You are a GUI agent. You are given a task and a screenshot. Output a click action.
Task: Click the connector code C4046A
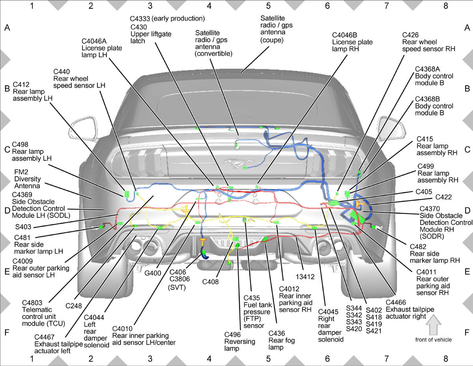[x=94, y=41]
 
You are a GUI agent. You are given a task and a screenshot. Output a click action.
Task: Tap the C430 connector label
[x=139, y=27]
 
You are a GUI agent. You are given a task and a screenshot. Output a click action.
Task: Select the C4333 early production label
[x=167, y=19]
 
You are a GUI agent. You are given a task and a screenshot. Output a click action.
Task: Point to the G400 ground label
[x=153, y=273]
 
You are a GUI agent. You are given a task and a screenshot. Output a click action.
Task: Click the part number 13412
[x=305, y=277]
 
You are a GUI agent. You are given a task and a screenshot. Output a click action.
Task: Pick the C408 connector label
[x=210, y=282]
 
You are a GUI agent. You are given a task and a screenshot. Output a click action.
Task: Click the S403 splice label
[x=23, y=227]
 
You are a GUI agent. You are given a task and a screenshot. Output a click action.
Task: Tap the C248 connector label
[x=74, y=306]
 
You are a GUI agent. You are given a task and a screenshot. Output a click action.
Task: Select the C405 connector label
[x=424, y=191]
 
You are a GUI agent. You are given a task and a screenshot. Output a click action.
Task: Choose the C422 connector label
[x=443, y=197]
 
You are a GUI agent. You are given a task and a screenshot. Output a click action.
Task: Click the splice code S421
[x=374, y=331]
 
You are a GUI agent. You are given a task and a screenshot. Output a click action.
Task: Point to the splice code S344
[x=354, y=308]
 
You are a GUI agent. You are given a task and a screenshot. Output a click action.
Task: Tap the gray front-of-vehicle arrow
[x=433, y=325]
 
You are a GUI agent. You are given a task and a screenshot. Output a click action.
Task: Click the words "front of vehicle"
[x=433, y=340]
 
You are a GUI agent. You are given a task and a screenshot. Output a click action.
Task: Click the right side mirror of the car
[x=391, y=129]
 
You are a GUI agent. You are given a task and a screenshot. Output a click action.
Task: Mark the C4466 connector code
[x=396, y=302]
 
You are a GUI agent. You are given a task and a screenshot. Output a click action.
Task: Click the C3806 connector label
[x=179, y=279]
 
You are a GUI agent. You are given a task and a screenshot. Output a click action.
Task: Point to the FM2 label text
[x=21, y=172]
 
